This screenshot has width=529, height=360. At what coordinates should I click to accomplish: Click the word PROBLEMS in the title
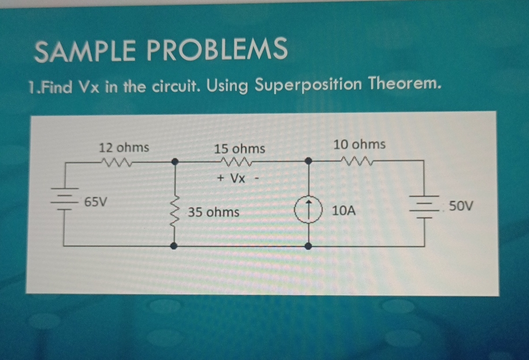pos(217,49)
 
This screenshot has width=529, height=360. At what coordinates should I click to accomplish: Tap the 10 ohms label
pos(359,144)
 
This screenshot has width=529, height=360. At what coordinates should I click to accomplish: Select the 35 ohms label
pos(214,213)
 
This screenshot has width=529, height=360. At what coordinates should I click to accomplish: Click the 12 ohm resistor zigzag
pos(115,163)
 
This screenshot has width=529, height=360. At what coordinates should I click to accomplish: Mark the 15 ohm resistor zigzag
pos(237,163)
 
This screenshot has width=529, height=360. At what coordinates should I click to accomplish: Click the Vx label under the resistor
pos(238,178)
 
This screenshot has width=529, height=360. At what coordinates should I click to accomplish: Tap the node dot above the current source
pos(309,161)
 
